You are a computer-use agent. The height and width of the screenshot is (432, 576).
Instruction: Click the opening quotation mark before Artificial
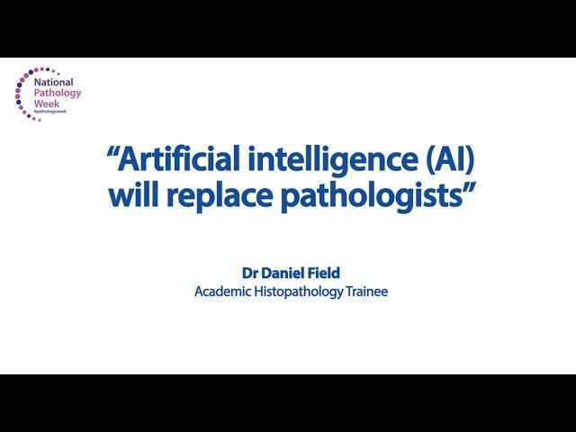pyautogui.click(x=113, y=155)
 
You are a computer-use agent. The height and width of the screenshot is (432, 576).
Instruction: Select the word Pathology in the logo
pyautogui.click(x=58, y=92)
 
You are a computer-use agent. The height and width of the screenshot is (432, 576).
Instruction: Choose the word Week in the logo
pyautogui.click(x=48, y=104)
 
